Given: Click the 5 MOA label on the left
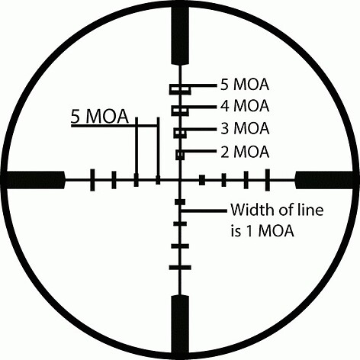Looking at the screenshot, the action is click(100, 117).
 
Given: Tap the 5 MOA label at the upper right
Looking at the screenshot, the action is click(245, 85).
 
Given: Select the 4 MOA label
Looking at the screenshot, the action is click(245, 106).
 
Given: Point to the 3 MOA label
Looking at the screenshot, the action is click(245, 128).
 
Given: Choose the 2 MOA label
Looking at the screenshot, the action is click(245, 152).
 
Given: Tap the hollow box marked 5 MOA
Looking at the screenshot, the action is click(180, 89).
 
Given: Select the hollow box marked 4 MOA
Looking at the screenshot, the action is click(180, 111).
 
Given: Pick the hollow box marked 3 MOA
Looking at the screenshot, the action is click(180, 133).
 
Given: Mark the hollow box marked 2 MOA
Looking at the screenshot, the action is click(180, 155).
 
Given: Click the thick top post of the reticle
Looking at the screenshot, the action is click(180, 36).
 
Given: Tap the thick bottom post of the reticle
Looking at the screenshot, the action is click(180, 324).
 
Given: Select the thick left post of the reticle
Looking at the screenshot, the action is click(36, 180).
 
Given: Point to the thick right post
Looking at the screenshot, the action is click(324, 180).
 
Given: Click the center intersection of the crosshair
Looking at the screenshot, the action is click(180, 180).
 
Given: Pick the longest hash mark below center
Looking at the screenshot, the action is click(180, 268).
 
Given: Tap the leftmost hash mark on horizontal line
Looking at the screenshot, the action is click(92, 180).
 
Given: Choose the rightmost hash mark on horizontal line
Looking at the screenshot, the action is click(268, 180).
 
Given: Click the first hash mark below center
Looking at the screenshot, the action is click(180, 202).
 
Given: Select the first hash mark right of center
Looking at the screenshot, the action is click(202, 180).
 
